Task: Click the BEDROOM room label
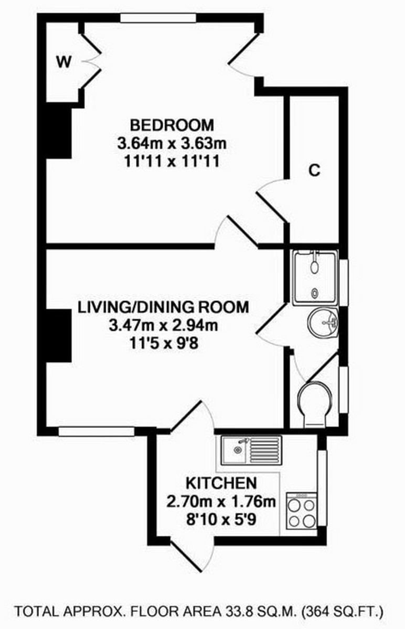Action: (x=172, y=125)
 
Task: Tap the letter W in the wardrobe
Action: (x=63, y=62)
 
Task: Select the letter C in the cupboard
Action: (x=314, y=171)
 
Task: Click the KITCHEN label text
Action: (x=221, y=483)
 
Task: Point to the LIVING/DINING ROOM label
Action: (x=163, y=307)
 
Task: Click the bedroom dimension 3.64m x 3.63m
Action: (x=172, y=143)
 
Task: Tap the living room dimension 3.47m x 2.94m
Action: (x=163, y=326)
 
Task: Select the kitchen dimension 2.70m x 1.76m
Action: (x=221, y=502)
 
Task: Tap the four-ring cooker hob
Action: (x=302, y=511)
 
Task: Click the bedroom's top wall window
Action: (x=158, y=18)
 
